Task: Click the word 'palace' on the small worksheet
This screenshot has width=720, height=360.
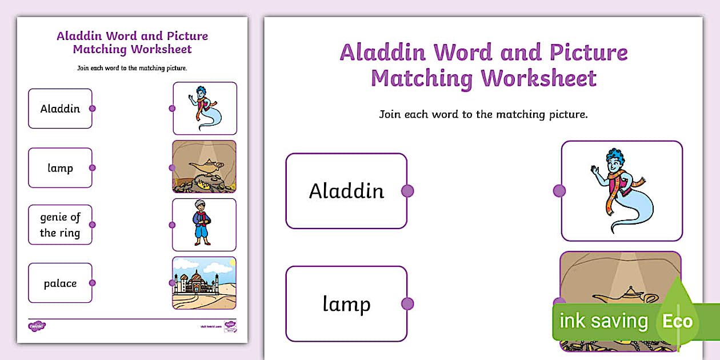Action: click(x=60, y=283)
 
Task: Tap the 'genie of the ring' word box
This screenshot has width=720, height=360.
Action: click(x=60, y=225)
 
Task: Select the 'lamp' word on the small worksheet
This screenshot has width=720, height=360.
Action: click(x=60, y=168)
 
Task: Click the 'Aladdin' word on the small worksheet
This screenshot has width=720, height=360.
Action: click(x=60, y=109)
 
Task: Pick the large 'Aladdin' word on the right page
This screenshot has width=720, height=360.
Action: click(x=346, y=191)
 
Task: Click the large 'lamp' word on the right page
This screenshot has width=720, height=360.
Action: click(x=346, y=304)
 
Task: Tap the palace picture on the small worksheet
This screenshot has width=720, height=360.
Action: click(x=205, y=283)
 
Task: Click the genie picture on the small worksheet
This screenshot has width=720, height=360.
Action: click(x=205, y=109)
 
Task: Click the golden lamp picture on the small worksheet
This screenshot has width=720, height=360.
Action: click(x=205, y=167)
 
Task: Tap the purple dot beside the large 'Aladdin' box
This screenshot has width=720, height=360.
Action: click(x=407, y=191)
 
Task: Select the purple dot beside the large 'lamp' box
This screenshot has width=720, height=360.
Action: click(x=407, y=304)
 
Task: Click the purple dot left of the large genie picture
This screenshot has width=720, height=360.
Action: click(x=559, y=191)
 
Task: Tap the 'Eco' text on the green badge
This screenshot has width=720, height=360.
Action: click(x=677, y=321)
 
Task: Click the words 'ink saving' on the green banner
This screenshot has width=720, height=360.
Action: click(x=603, y=321)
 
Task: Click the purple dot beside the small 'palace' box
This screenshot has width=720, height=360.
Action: click(x=93, y=283)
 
